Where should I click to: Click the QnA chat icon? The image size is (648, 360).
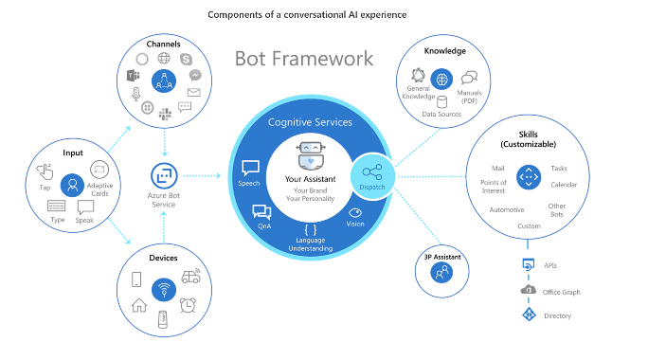[261, 213]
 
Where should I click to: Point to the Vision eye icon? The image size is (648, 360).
[356, 213]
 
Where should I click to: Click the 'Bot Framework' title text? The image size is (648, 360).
[303, 59]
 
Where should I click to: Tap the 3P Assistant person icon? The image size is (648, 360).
[441, 272]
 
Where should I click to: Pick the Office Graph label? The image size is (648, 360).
[564, 291]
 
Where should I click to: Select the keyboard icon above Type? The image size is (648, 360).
[56, 205]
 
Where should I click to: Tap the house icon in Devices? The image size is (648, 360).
[139, 304]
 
